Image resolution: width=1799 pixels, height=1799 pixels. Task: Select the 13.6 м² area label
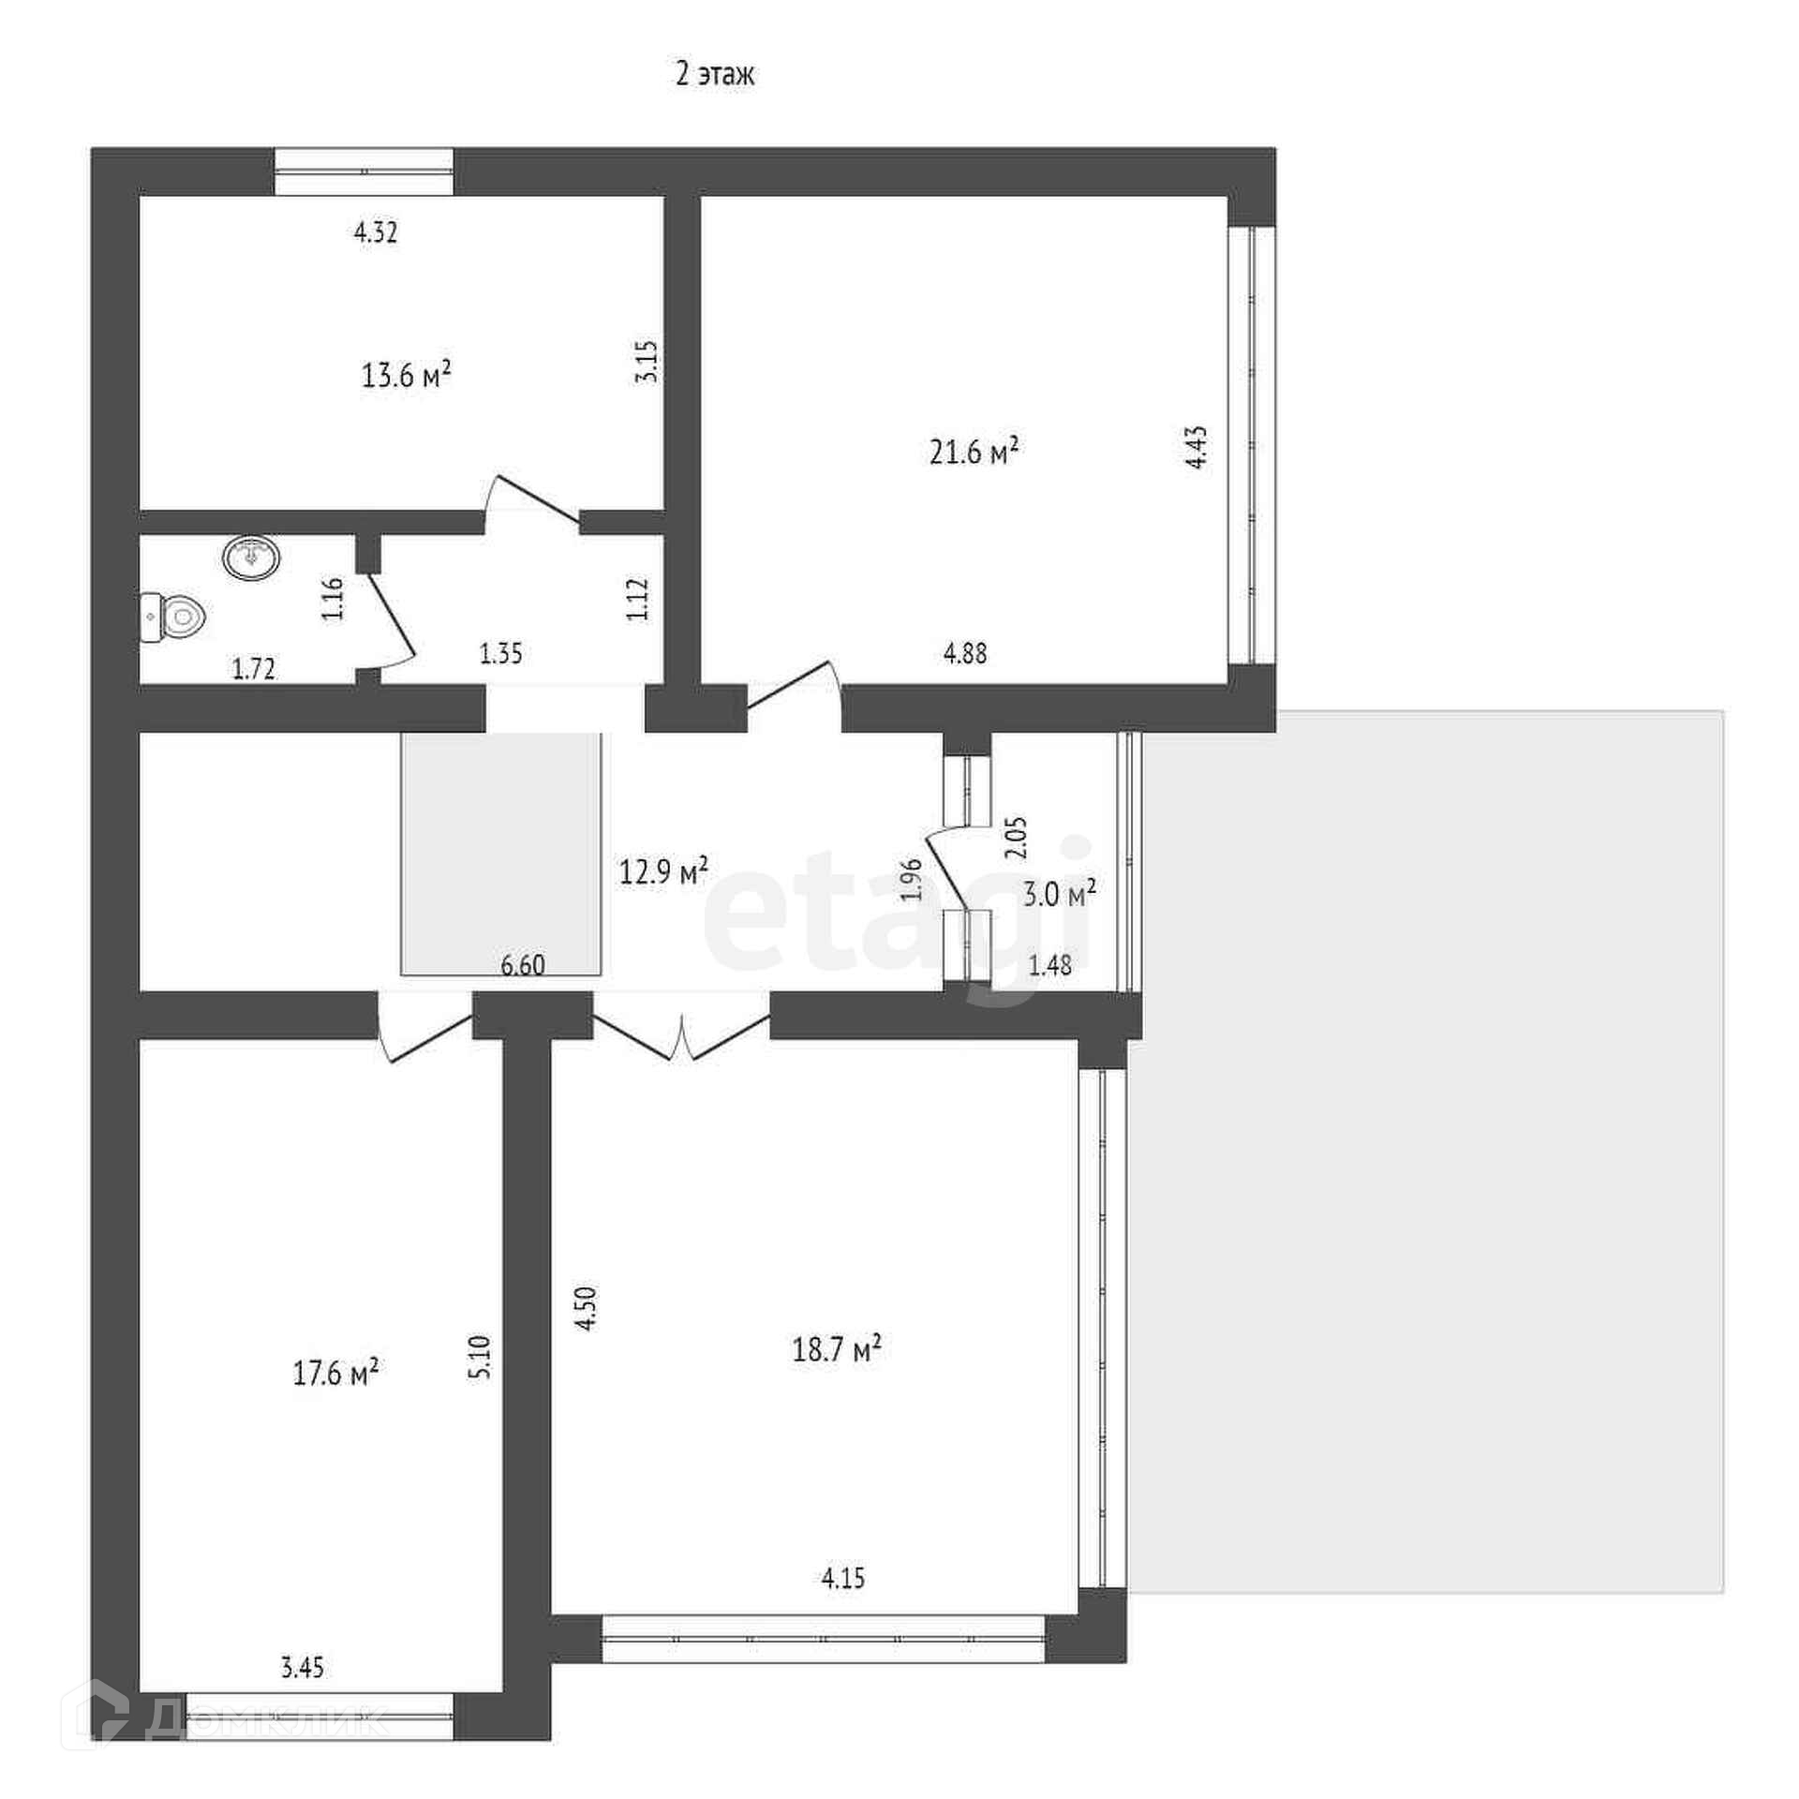click(407, 376)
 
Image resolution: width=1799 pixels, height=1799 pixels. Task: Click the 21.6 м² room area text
click(974, 453)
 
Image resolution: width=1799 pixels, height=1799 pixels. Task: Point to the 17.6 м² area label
click(335, 1374)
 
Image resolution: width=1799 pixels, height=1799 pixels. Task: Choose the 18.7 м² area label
click(837, 1350)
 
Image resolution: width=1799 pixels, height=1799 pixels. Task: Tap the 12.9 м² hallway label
click(663, 871)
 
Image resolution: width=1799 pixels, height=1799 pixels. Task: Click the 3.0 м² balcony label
click(1060, 895)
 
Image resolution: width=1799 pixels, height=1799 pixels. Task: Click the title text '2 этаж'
click(715, 74)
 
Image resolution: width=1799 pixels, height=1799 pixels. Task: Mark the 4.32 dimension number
click(375, 232)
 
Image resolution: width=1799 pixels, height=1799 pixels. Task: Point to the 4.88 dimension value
click(965, 653)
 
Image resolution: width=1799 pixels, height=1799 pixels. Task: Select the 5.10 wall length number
click(480, 1357)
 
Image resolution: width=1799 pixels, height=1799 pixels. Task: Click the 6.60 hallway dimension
click(523, 964)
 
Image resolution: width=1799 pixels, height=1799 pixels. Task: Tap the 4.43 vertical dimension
click(1197, 448)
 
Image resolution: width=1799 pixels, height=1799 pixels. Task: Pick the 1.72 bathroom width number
click(254, 669)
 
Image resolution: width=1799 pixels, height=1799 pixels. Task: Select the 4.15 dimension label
click(843, 1579)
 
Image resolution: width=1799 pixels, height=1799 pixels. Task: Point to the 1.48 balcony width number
click(1050, 965)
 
